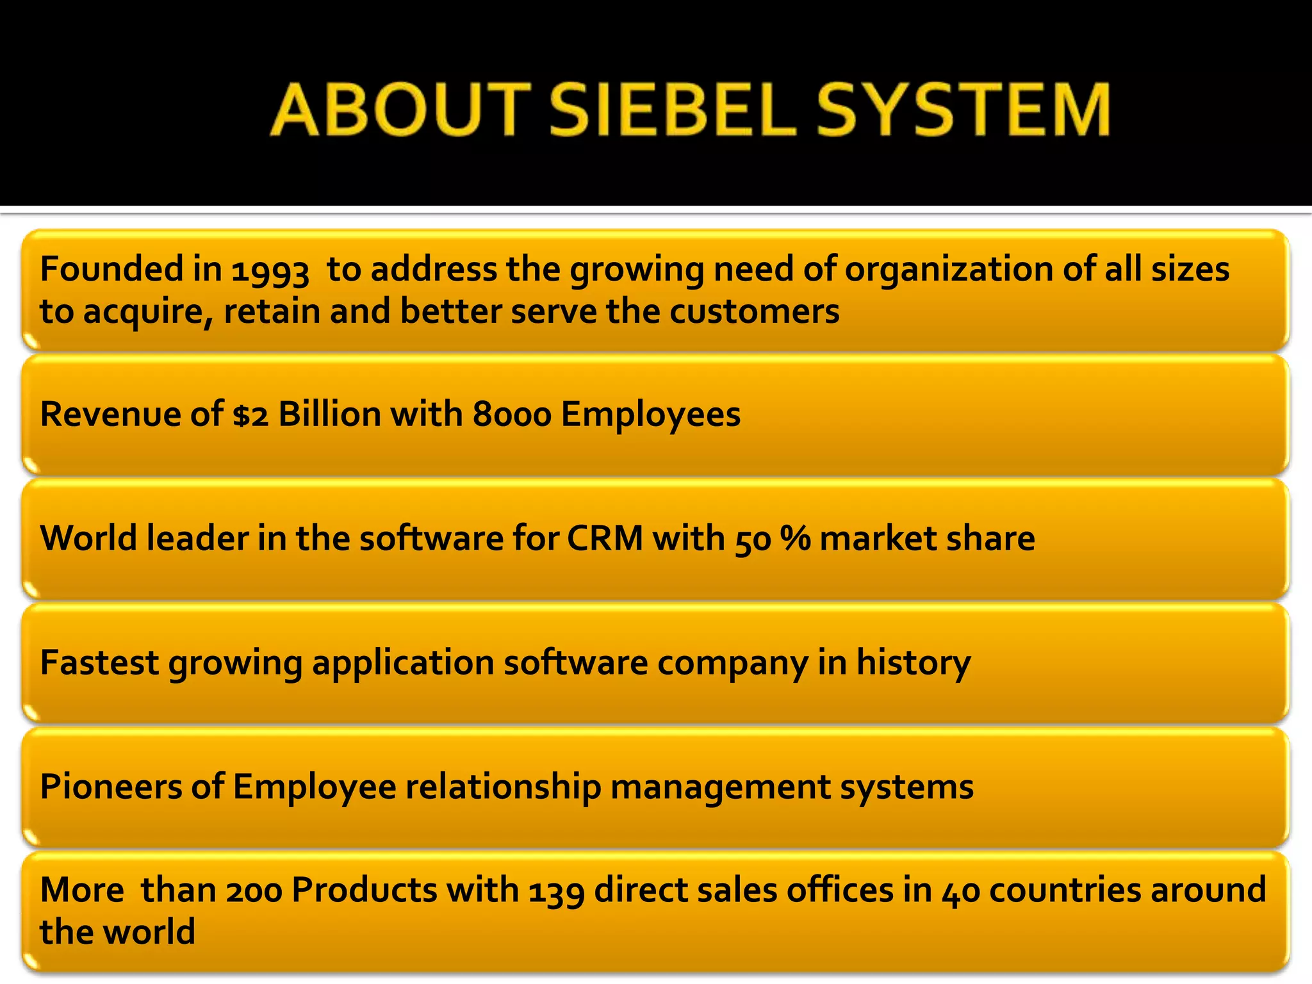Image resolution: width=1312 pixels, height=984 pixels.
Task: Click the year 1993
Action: pyautogui.click(x=270, y=271)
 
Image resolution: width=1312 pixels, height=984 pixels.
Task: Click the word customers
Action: pyautogui.click(x=754, y=311)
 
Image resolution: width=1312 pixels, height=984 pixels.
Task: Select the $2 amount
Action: pyautogui.click(x=250, y=415)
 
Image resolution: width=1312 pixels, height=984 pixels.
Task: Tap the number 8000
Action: pyautogui.click(x=512, y=415)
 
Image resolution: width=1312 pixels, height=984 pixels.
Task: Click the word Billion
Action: pyautogui.click(x=329, y=414)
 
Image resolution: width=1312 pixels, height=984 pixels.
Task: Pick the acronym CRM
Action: pyautogui.click(x=605, y=538)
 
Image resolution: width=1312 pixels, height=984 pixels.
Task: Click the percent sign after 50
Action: pyautogui.click(x=796, y=538)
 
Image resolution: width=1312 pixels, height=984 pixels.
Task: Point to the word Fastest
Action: pyautogui.click(x=99, y=662)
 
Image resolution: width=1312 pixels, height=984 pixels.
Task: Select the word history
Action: pyautogui.click(x=914, y=662)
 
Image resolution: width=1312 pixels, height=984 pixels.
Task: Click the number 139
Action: pyautogui.click(x=556, y=891)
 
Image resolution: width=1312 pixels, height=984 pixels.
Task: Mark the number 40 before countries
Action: pyautogui.click(x=961, y=891)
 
